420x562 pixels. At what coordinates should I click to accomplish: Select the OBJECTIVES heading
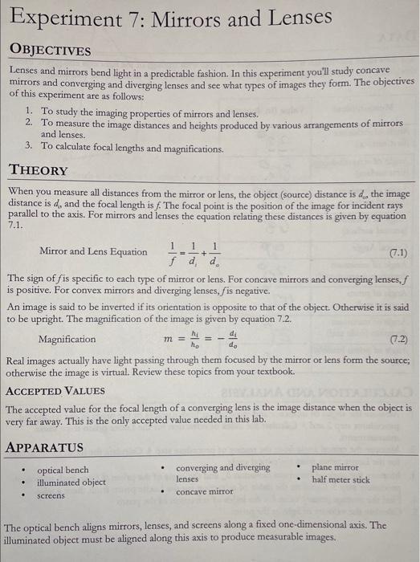coord(50,51)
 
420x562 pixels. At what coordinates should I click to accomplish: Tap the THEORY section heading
coord(39,170)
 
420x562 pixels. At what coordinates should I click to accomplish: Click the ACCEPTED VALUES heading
coord(55,391)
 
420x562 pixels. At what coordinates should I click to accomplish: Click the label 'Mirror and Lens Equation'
coord(93,251)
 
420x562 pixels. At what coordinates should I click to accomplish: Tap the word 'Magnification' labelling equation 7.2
coord(67,339)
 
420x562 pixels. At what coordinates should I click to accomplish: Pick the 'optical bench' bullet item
coord(63,470)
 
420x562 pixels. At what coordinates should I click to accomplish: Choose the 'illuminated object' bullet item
coord(71,482)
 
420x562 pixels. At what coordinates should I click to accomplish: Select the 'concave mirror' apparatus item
coord(204,491)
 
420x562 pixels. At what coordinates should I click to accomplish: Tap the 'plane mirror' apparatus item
coord(335,466)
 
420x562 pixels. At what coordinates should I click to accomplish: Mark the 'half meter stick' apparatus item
coord(341,479)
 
